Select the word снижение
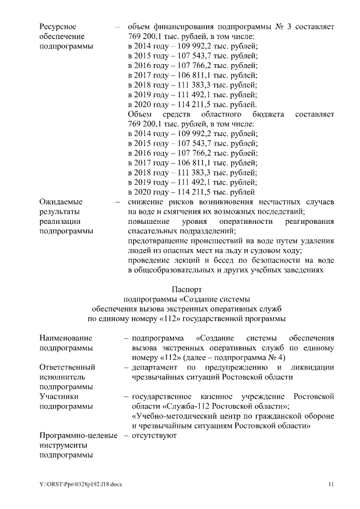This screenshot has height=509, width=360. coord(146,201)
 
